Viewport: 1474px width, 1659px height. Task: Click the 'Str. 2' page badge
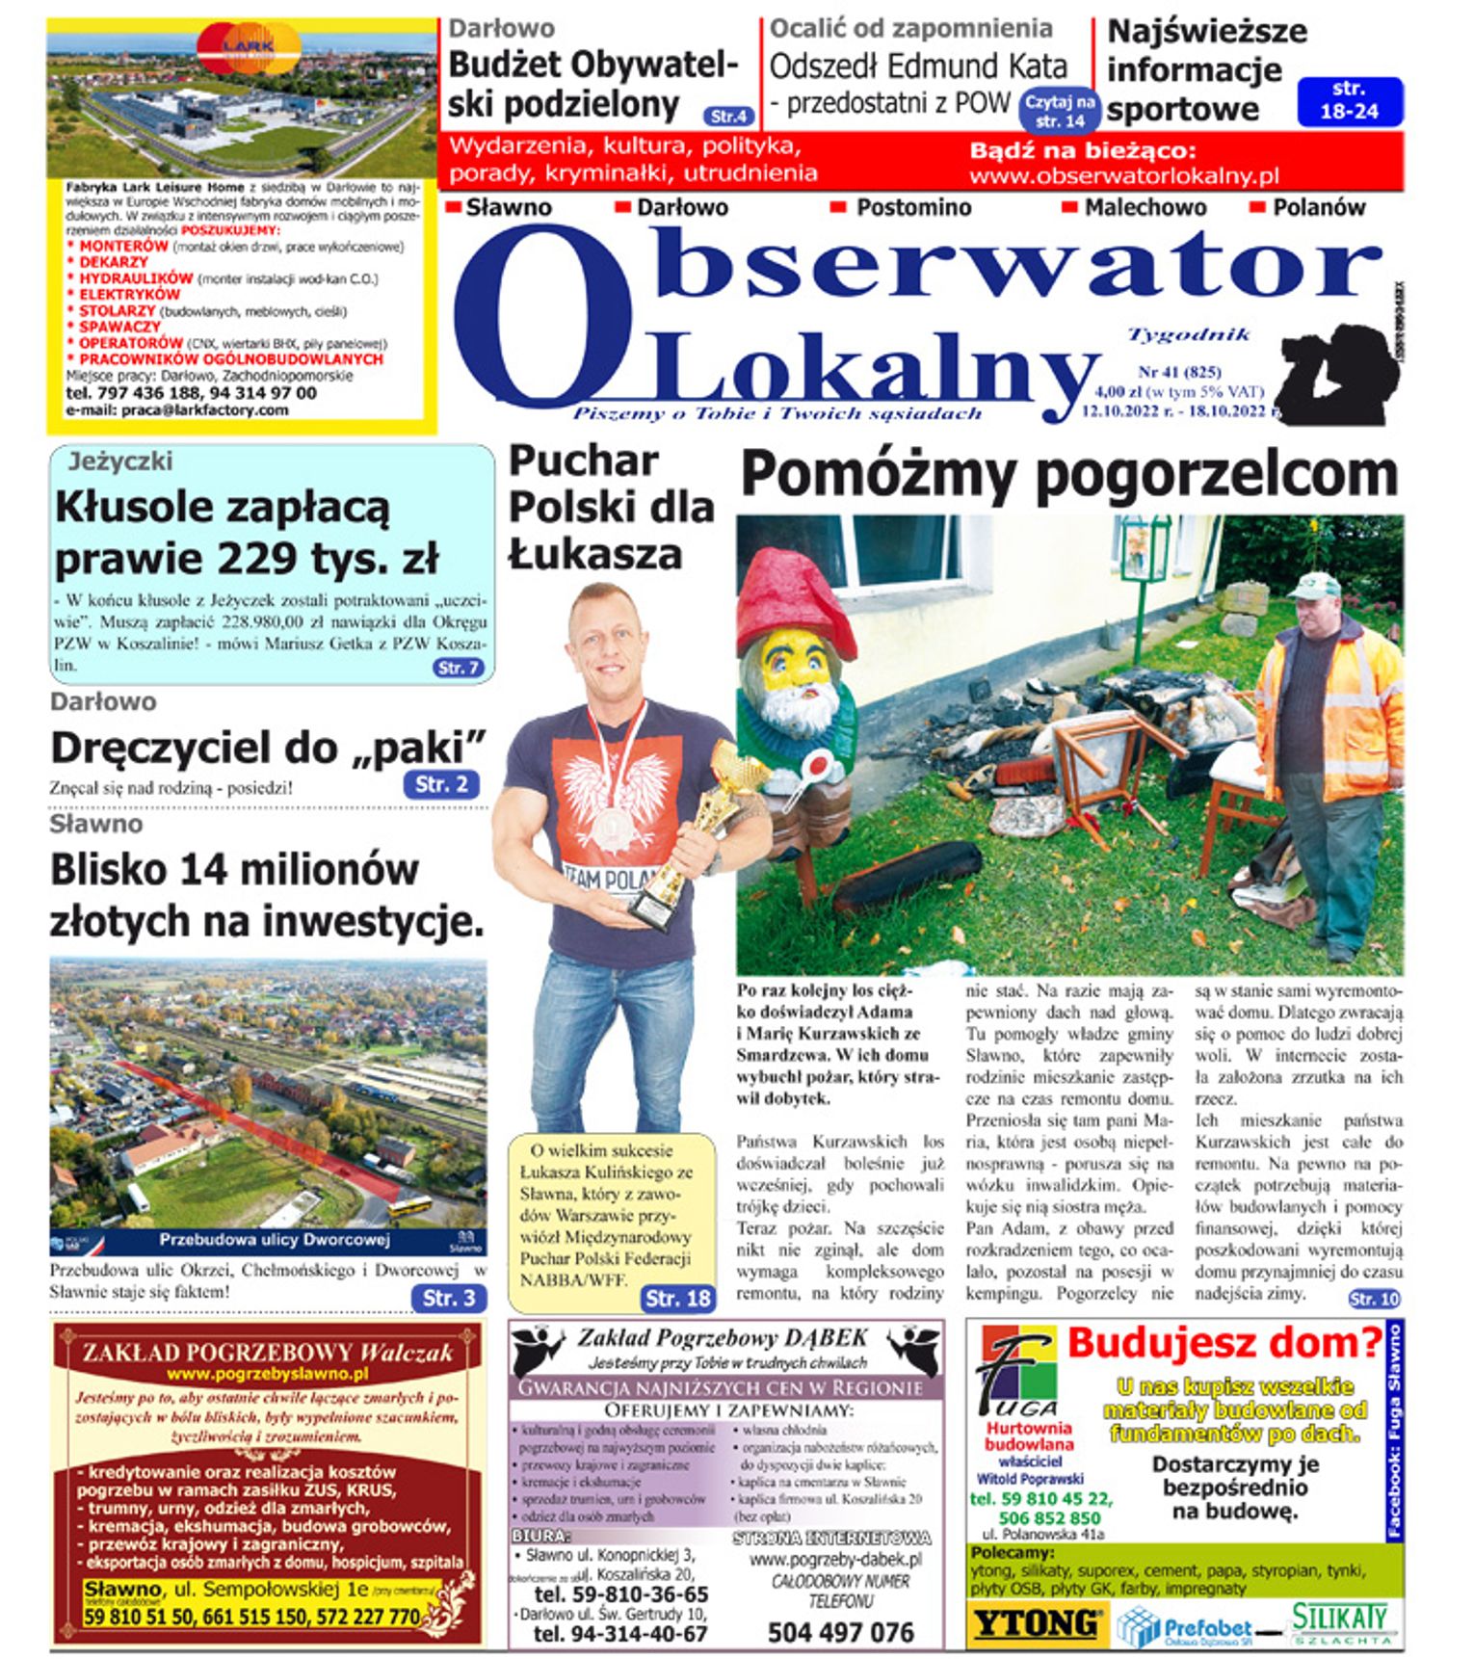coord(440,784)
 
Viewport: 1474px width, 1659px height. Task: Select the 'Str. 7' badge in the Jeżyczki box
coord(458,668)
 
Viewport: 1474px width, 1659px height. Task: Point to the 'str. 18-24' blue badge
coord(1349,100)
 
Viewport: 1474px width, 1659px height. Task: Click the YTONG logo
coord(1036,1624)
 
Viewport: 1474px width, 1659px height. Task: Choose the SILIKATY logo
coord(1341,1622)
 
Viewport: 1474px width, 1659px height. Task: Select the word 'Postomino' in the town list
coord(913,207)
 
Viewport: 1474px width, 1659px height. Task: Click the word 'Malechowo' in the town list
coord(1145,207)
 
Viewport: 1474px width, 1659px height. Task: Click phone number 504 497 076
coord(840,1632)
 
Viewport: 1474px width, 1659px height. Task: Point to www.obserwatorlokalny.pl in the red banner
coord(1123,176)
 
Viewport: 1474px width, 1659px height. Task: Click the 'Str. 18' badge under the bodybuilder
coord(678,1298)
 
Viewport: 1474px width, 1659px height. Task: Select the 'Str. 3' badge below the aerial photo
coord(448,1298)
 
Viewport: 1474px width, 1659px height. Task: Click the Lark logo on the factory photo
coord(249,45)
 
